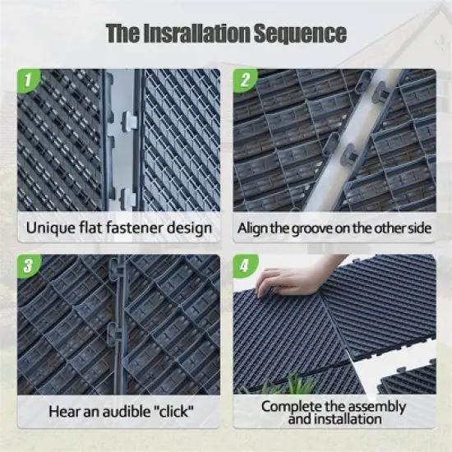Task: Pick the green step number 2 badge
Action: tap(244, 81)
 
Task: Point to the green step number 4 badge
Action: tap(244, 266)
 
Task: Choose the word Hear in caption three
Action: tap(63, 411)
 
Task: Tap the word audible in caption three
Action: tap(118, 411)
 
